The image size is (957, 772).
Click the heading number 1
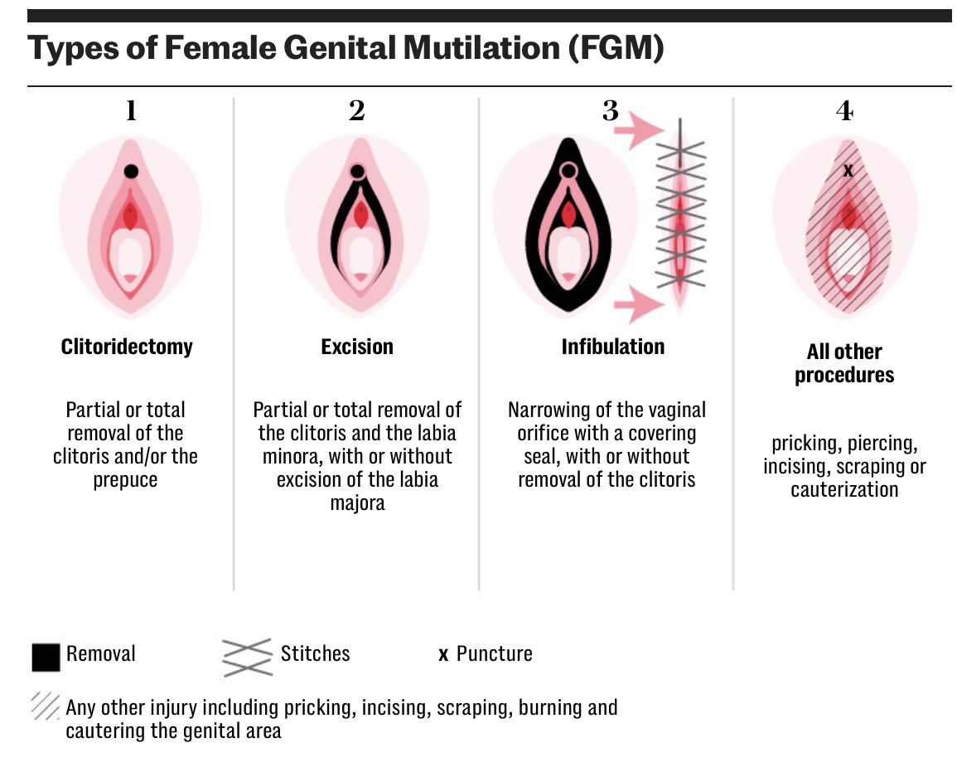point(130,110)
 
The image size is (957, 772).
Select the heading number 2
point(356,110)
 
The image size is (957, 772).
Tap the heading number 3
point(611,110)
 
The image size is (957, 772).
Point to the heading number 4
point(844,110)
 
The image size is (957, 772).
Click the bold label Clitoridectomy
point(127,346)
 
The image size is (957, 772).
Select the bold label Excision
point(357,346)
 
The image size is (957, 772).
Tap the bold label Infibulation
point(612,346)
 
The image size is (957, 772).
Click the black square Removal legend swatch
point(46,657)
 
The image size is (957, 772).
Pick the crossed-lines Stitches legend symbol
point(247,657)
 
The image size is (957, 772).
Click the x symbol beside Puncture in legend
point(443,655)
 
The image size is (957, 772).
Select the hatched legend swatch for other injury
point(45,706)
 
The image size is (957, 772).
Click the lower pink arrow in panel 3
point(643,303)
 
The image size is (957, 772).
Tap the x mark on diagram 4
point(847,170)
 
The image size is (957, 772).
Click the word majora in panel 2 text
point(357,503)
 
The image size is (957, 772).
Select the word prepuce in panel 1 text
point(126,479)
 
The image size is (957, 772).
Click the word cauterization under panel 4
point(844,489)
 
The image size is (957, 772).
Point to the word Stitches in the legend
point(315,653)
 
